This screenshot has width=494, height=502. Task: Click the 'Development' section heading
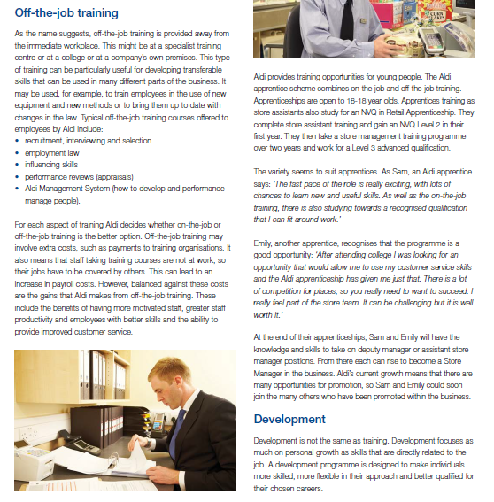click(289, 419)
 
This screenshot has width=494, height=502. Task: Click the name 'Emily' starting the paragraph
click(263, 241)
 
